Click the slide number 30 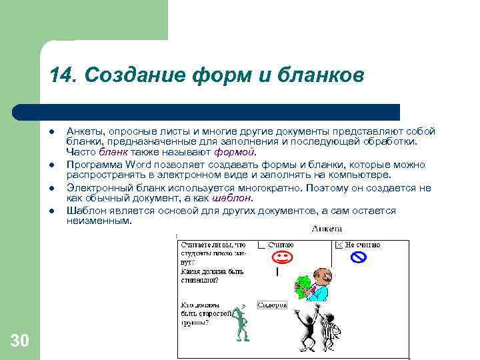tap(20, 341)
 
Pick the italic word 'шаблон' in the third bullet tap(232, 198)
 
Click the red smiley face tap(282, 257)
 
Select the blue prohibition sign tap(359, 257)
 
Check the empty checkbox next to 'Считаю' tap(261, 245)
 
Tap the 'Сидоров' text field tap(271, 305)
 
